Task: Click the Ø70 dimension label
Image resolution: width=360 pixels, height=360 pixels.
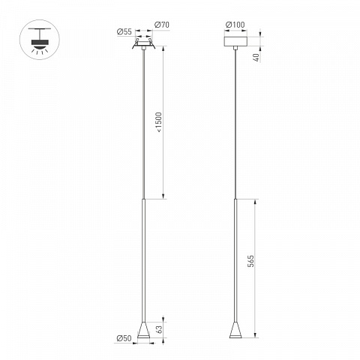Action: click(162, 25)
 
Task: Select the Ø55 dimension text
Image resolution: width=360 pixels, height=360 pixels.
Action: click(124, 31)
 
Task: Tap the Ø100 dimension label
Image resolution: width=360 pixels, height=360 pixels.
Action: click(235, 25)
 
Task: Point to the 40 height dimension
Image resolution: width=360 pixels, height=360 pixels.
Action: click(256, 57)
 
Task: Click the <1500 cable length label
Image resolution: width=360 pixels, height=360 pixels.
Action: click(159, 122)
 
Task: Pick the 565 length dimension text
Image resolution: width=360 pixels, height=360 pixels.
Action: click(250, 261)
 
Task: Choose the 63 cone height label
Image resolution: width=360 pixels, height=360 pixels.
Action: click(159, 329)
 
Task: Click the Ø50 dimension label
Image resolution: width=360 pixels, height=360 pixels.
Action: click(124, 338)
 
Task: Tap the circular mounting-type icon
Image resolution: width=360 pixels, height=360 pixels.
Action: click(40, 40)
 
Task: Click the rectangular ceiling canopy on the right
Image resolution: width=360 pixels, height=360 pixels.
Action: click(235, 41)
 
